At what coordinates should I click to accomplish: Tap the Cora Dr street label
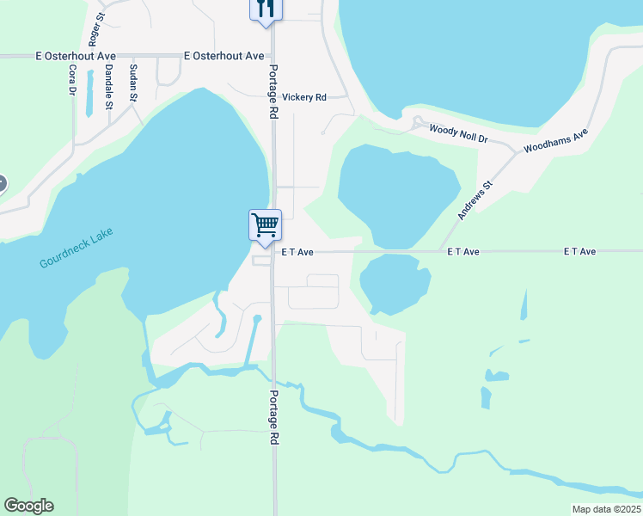pos(72,79)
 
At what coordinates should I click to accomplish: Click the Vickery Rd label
pos(304,98)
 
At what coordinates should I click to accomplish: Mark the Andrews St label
pos(474,200)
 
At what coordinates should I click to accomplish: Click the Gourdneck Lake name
pos(77,249)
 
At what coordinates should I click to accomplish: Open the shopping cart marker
pos(265,225)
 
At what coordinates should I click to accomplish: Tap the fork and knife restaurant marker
pos(265,9)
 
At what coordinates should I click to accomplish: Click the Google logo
pos(28,506)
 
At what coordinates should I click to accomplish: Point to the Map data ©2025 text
pos(606,509)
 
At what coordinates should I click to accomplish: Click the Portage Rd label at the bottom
pos(273,417)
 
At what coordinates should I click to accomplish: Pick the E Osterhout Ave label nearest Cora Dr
pos(76,56)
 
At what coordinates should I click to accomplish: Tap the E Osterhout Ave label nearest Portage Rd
pos(224,56)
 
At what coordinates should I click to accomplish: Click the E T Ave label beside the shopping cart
pos(297,252)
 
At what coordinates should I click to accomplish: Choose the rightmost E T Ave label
pos(579,251)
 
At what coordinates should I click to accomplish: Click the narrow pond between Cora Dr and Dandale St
pos(89,100)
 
